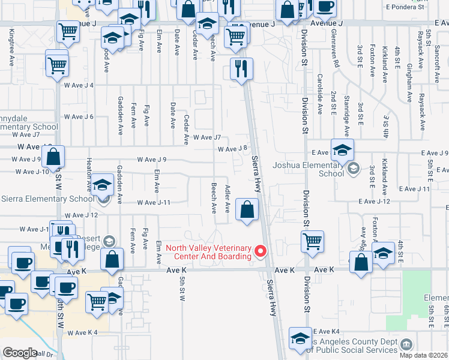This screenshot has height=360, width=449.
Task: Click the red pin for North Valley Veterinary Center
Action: (261, 251)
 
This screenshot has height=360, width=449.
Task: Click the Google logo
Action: (20, 352)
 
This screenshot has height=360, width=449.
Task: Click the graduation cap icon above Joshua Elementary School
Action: (342, 150)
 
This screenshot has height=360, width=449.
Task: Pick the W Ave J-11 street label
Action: (154, 203)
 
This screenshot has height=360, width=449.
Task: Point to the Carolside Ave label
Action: (321, 94)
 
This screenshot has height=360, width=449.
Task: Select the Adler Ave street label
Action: (228, 199)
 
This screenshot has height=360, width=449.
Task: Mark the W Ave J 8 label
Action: (233, 148)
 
